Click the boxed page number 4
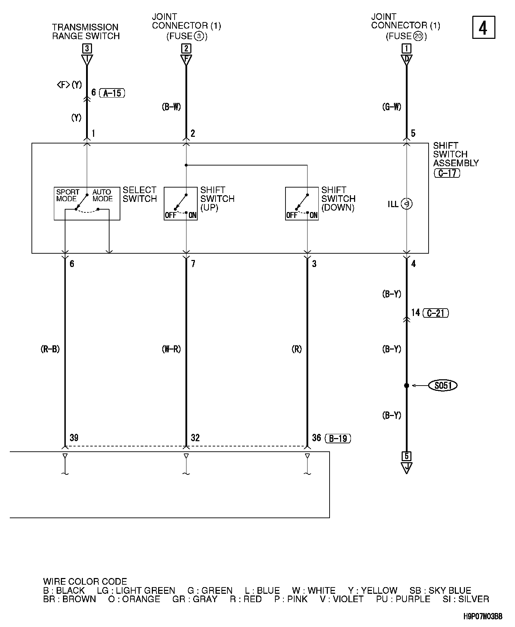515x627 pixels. [484, 27]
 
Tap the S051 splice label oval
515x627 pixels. [443, 386]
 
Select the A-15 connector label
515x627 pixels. [112, 93]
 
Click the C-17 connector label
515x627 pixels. [447, 173]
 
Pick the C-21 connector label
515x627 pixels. [436, 313]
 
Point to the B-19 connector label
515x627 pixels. [338, 438]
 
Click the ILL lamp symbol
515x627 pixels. [407, 204]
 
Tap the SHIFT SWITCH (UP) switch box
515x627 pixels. [181, 204]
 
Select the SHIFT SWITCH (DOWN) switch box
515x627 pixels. [302, 204]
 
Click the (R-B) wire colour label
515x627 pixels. [50, 349]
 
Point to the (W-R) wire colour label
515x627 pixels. [171, 349]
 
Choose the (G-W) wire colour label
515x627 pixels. [391, 107]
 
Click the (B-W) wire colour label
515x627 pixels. [171, 107]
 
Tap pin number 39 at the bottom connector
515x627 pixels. [74, 438]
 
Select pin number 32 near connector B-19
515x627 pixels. [195, 438]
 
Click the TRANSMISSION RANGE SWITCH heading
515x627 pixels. [86, 31]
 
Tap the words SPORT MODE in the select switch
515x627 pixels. [68, 195]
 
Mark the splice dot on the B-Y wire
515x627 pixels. [407, 386]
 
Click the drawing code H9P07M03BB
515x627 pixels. [483, 617]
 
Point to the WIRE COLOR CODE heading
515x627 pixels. [85, 582]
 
